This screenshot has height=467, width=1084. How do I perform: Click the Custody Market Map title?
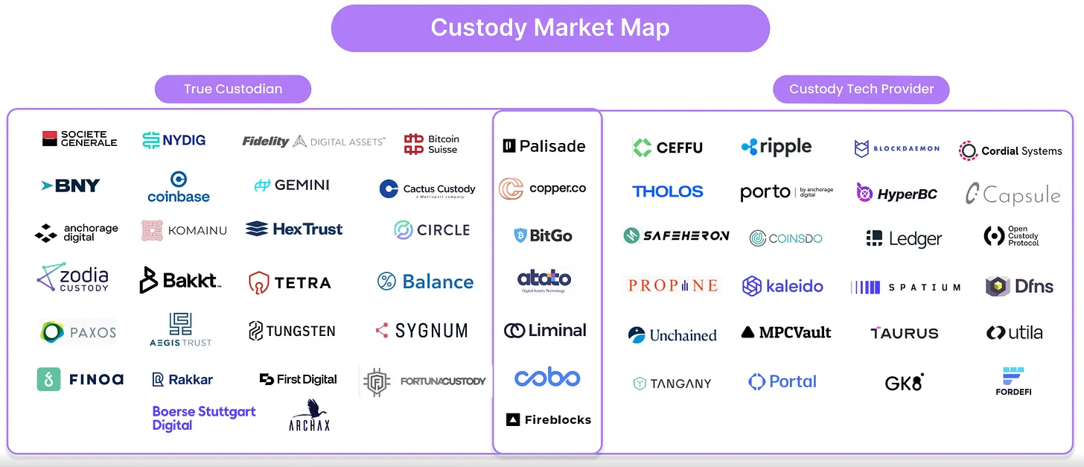click(x=550, y=28)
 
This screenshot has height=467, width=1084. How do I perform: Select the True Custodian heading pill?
click(x=233, y=89)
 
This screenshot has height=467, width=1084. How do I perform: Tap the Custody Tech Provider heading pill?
click(x=861, y=89)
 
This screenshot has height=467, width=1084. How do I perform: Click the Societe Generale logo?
click(x=80, y=139)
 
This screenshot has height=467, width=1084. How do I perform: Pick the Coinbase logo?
click(x=179, y=188)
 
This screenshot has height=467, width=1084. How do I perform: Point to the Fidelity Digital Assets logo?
click(x=313, y=141)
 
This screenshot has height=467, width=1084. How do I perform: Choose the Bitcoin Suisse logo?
click(x=432, y=144)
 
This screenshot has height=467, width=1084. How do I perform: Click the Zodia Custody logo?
click(x=73, y=278)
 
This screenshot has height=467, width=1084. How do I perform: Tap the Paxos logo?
click(x=78, y=331)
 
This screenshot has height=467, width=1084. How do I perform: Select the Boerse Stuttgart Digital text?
click(x=203, y=418)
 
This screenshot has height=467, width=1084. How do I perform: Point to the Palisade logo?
click(x=544, y=146)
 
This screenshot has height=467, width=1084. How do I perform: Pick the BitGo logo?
click(x=543, y=235)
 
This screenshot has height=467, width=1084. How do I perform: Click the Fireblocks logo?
click(x=549, y=420)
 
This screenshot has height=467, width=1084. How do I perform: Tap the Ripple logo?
click(x=777, y=147)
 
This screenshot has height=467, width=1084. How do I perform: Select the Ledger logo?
click(x=904, y=238)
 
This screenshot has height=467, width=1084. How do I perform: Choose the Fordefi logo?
click(x=1013, y=381)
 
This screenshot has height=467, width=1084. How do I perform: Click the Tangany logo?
click(x=672, y=384)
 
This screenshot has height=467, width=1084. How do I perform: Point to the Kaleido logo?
click(x=782, y=286)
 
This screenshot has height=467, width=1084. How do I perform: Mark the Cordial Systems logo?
click(x=1010, y=150)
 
